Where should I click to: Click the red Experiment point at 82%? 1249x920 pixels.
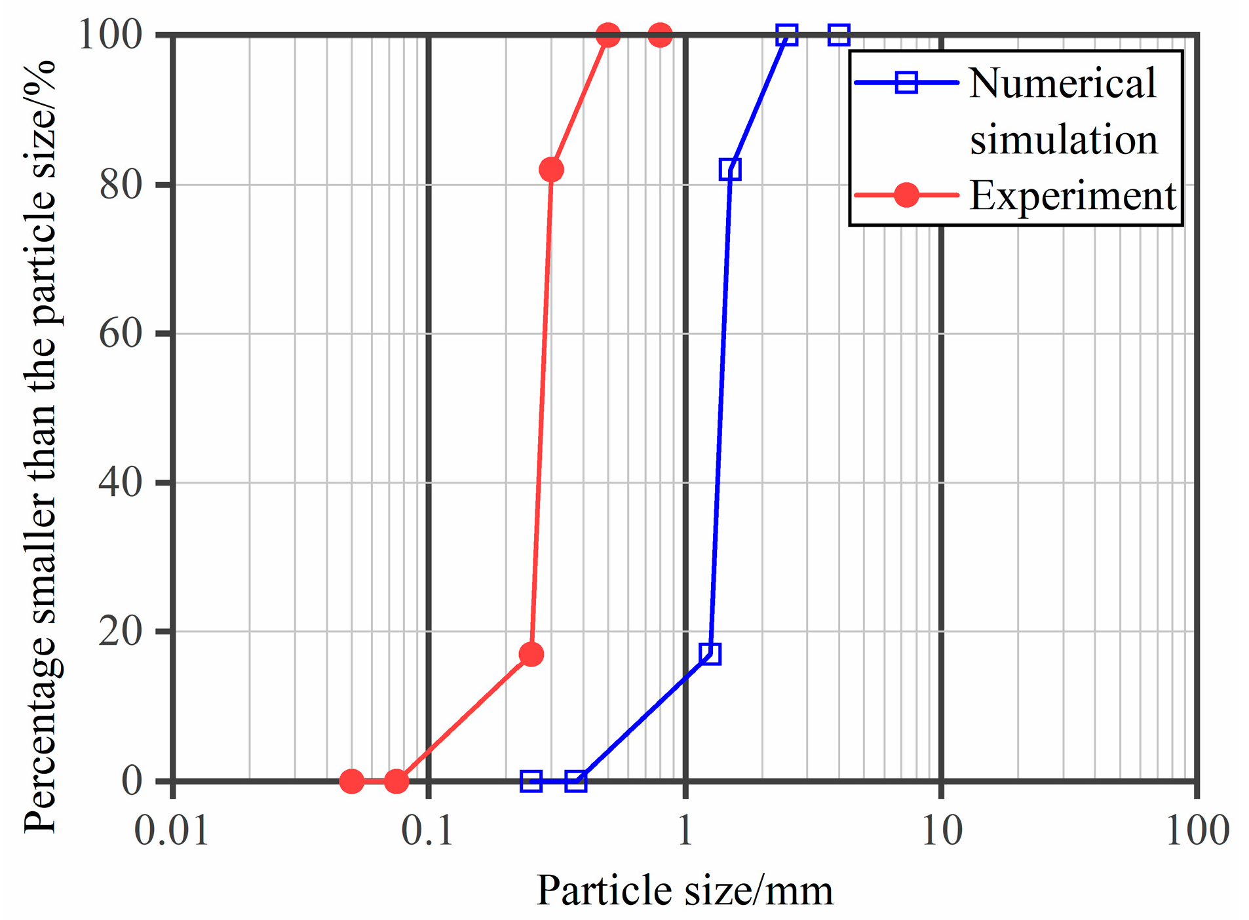pyautogui.click(x=551, y=170)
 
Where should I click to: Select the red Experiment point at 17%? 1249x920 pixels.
pyautogui.click(x=531, y=654)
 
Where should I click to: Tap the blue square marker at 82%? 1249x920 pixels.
pyautogui.click(x=730, y=170)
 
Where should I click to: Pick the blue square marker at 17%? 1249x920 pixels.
pyautogui.click(x=710, y=653)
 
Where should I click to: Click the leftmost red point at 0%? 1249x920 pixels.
pyautogui.click(x=352, y=781)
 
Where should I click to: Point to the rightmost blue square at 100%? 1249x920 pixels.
pyautogui.click(x=839, y=35)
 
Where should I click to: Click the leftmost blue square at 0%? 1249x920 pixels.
pyautogui.click(x=531, y=781)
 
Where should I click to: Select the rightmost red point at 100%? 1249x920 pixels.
pyautogui.click(x=660, y=35)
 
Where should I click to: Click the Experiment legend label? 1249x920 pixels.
pyautogui.click(x=1073, y=195)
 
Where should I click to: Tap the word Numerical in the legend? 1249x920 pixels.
pyautogui.click(x=1062, y=84)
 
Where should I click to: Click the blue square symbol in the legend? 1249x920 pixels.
pyautogui.click(x=906, y=83)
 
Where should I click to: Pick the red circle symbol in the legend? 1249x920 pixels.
pyautogui.click(x=906, y=195)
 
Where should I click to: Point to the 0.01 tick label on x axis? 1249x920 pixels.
pyautogui.click(x=171, y=831)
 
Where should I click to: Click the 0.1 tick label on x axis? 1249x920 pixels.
pyautogui.click(x=427, y=831)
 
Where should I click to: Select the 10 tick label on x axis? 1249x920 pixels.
pyautogui.click(x=942, y=831)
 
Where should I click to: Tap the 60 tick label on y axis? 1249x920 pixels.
pyautogui.click(x=121, y=334)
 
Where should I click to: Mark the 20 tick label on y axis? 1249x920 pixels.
pyautogui.click(x=121, y=632)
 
